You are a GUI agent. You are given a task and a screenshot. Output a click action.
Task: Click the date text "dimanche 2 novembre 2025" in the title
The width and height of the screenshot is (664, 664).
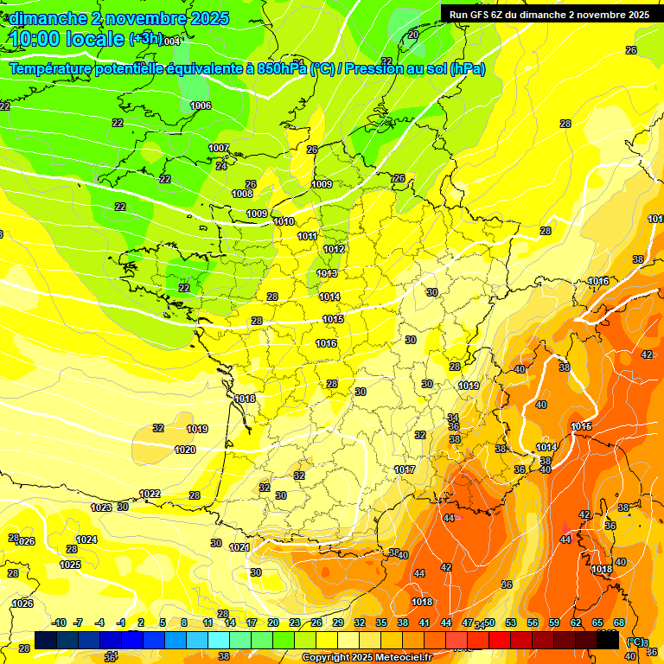119,18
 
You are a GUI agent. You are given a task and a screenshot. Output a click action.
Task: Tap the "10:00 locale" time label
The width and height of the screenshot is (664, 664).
67,39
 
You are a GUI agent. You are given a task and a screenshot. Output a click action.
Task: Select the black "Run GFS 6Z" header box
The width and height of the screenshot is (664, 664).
549,14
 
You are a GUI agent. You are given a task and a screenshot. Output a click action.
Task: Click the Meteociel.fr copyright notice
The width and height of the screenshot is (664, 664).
367,657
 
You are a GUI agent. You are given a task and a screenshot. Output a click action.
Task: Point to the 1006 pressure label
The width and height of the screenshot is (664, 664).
201,105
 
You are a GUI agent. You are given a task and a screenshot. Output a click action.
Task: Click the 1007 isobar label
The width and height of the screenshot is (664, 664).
219,148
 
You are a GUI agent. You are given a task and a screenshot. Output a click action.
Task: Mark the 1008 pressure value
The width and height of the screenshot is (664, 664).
242,194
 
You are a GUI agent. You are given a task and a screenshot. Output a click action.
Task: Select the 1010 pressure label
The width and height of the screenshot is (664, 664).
284,221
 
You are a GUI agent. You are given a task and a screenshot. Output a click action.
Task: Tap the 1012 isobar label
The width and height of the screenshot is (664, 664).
335,249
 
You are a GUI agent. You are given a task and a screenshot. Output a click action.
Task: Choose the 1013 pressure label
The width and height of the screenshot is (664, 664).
327,273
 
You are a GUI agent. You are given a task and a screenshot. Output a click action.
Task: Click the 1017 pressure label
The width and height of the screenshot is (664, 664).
405,469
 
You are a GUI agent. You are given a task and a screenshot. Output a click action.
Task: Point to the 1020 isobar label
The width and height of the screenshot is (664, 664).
185,450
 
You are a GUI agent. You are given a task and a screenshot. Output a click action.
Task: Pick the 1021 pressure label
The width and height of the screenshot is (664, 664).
239,547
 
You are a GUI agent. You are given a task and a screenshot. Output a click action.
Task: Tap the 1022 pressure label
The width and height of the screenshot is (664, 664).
150,494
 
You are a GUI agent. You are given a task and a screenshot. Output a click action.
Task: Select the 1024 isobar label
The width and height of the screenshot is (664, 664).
86,539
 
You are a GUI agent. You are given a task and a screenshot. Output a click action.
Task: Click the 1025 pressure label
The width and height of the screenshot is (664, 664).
70,565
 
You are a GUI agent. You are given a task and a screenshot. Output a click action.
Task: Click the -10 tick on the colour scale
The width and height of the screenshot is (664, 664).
60,622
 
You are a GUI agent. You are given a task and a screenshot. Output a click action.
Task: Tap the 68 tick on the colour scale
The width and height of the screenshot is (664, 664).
619,622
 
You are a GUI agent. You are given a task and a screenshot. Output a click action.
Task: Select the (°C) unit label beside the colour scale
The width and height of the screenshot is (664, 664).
635,642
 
